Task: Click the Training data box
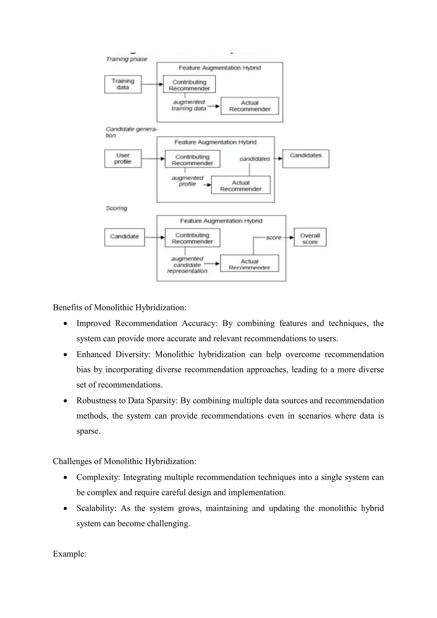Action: pyautogui.click(x=123, y=84)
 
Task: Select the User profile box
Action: pyautogui.click(x=123, y=159)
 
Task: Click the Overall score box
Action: pyautogui.click(x=310, y=237)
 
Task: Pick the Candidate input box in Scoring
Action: pyautogui.click(x=124, y=237)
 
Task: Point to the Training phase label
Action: pyautogui.click(x=127, y=59)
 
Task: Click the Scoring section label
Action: pyautogui.click(x=116, y=208)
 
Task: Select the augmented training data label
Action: pyautogui.click(x=189, y=105)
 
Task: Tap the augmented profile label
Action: pyautogui.click(x=188, y=181)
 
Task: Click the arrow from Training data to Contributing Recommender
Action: pyautogui.click(x=152, y=84)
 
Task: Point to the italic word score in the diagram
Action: pyautogui.click(x=274, y=238)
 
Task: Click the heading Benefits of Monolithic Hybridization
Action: pyautogui.click(x=119, y=307)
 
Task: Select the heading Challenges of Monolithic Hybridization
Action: pyautogui.click(x=124, y=461)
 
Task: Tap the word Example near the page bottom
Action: pyautogui.click(x=69, y=554)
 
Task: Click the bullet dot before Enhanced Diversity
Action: pyautogui.click(x=65, y=355)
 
